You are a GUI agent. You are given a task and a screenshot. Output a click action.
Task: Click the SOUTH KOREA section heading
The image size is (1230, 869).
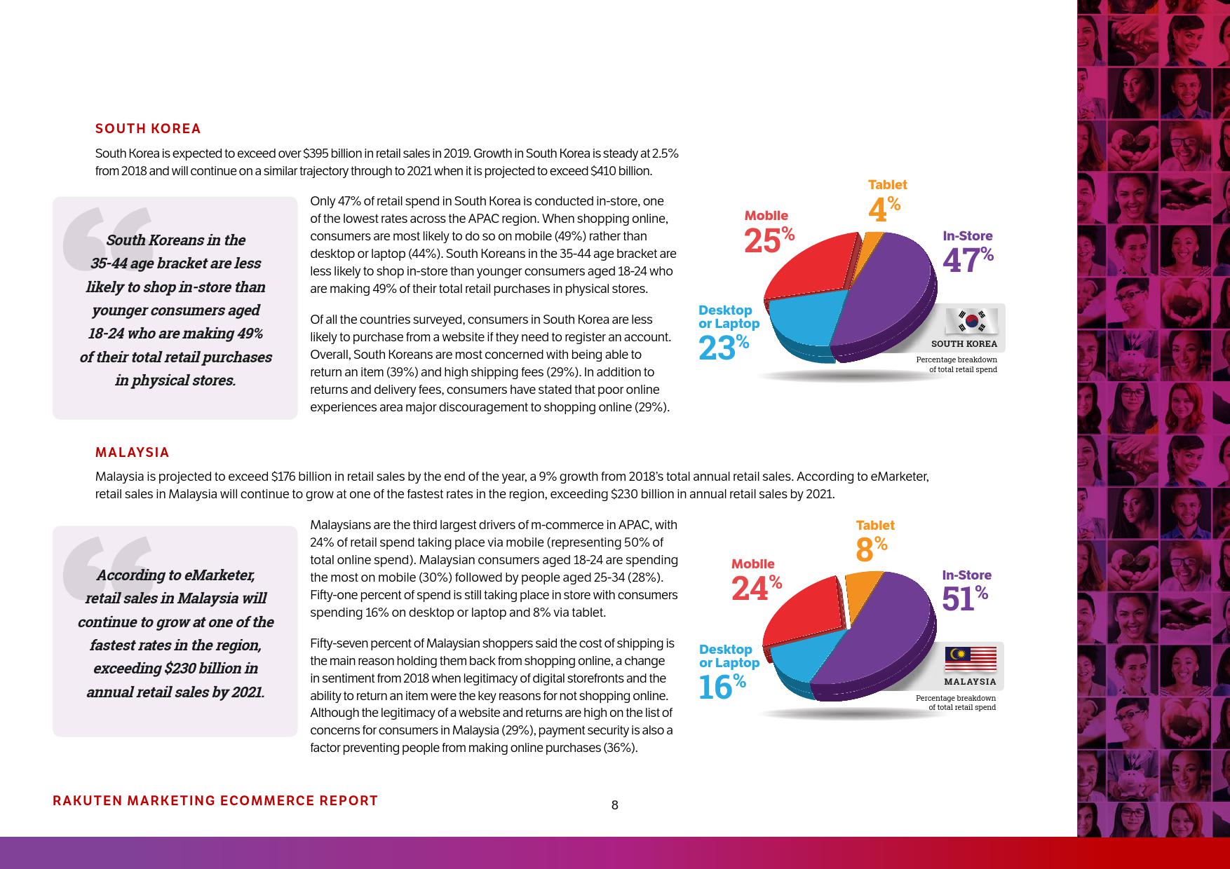point(148,129)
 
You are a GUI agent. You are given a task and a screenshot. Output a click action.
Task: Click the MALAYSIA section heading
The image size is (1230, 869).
point(132,453)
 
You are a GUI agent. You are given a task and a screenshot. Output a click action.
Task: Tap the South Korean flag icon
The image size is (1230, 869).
point(971,322)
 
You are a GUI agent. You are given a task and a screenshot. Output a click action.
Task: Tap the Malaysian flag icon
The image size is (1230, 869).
point(971,659)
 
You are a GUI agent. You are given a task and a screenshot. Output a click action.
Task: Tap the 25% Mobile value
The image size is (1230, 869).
point(769,240)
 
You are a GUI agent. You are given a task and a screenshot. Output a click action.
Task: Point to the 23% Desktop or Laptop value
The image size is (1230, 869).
point(723,348)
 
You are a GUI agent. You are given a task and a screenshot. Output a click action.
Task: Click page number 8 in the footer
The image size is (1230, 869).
point(615,805)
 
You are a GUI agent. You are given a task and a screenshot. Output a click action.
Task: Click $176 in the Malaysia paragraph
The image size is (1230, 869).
point(283,477)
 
